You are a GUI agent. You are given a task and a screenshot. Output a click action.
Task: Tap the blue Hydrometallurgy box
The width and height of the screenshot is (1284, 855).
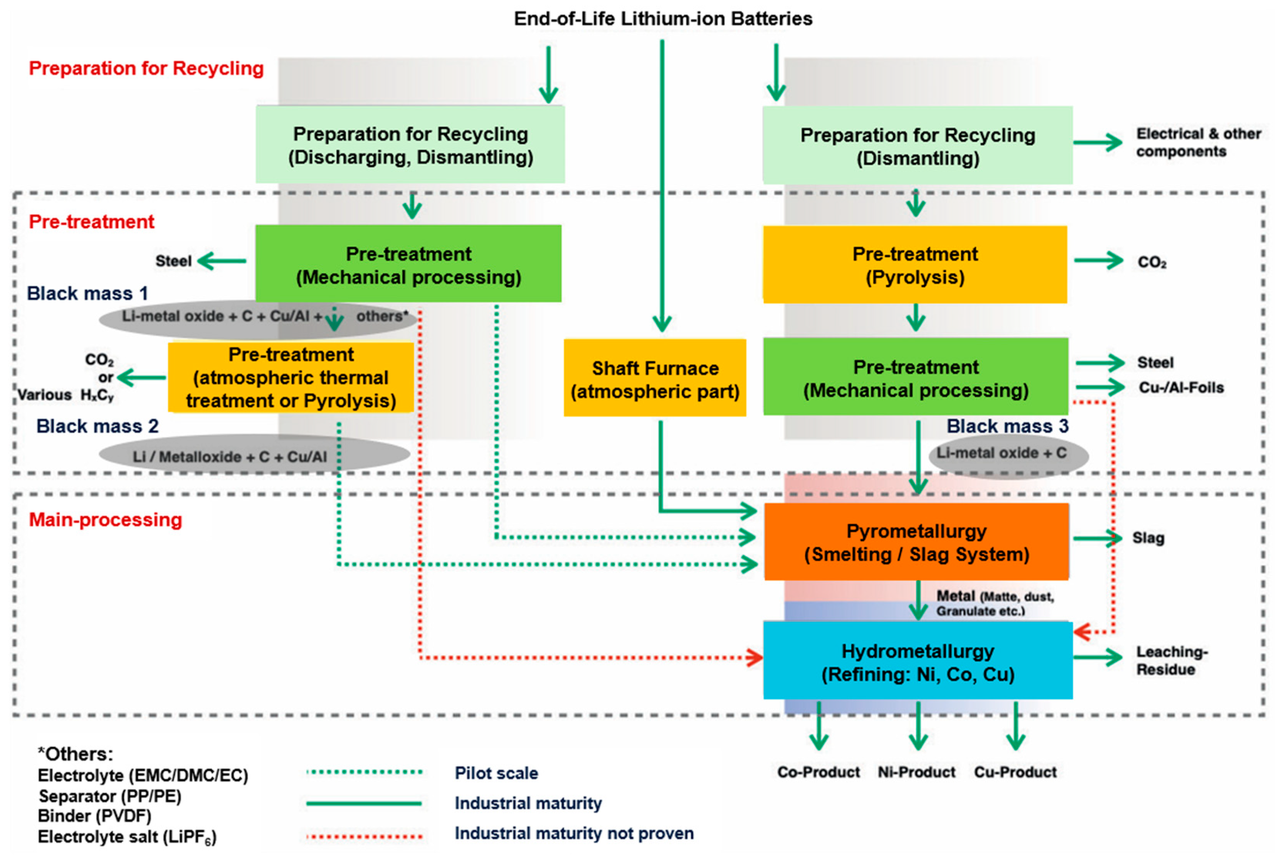pyautogui.click(x=918, y=661)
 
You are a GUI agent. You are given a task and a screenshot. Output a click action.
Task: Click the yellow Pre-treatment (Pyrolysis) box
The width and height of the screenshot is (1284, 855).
pyautogui.click(x=915, y=265)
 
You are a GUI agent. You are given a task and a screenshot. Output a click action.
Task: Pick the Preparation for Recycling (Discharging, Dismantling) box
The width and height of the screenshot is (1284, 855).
pyautogui.click(x=410, y=145)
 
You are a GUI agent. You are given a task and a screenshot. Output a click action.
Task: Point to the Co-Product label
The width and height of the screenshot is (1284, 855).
pyautogui.click(x=818, y=772)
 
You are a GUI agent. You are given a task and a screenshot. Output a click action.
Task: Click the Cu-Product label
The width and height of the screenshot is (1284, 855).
pyautogui.click(x=1015, y=772)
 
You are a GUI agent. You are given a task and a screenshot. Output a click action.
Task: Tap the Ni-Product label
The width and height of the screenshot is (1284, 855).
pyautogui.click(x=916, y=772)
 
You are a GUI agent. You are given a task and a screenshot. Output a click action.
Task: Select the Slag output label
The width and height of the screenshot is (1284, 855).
pyautogui.click(x=1148, y=538)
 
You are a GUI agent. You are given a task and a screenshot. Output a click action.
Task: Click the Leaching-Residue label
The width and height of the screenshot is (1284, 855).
pyautogui.click(x=1171, y=661)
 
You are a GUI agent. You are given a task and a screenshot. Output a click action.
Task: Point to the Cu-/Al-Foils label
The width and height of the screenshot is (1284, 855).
pyautogui.click(x=1181, y=388)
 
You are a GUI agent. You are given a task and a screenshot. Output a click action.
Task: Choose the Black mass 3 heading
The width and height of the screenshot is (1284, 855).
pyautogui.click(x=1007, y=426)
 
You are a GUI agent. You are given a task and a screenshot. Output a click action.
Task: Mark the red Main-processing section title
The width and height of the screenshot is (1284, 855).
pyautogui.click(x=105, y=520)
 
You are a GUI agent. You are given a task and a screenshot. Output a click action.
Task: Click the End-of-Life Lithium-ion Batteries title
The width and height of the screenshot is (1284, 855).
pyautogui.click(x=663, y=18)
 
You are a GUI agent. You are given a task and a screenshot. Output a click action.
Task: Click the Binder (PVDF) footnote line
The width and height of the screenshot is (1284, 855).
pyautogui.click(x=94, y=816)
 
